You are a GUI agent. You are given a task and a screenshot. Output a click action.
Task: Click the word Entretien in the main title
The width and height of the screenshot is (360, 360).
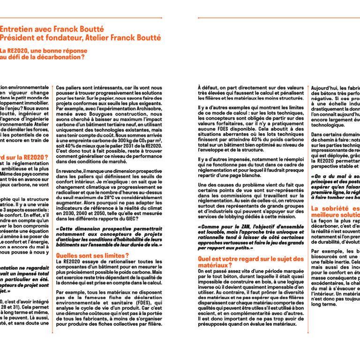pyautogui.click(x=17, y=29)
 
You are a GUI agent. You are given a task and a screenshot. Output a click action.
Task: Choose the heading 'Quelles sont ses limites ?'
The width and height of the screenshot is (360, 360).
pyautogui.click(x=92, y=255)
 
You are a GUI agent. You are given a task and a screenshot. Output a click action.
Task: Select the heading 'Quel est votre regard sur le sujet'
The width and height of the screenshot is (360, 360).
pyautogui.click(x=251, y=258)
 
